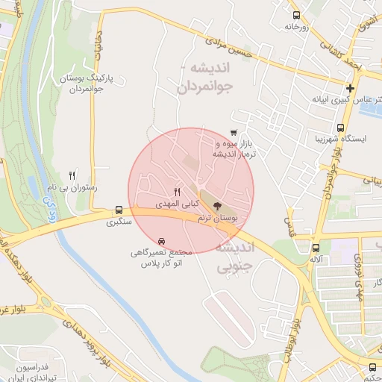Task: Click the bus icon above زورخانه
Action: (x=297, y=15)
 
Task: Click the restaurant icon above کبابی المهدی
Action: (x=177, y=191)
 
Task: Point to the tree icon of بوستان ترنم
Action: (x=217, y=205)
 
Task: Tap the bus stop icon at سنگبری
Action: (x=119, y=210)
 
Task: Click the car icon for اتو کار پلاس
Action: (x=162, y=241)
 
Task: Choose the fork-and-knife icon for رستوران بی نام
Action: (x=72, y=175)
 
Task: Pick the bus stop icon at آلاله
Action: (x=316, y=248)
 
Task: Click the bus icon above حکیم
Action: (x=372, y=367)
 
